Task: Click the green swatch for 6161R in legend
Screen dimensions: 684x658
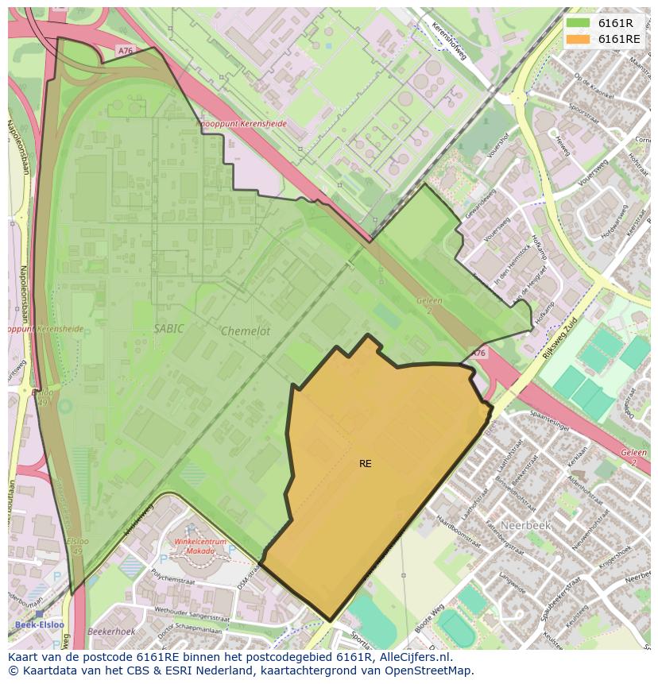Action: point(579,23)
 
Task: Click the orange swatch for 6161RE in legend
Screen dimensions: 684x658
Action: point(579,39)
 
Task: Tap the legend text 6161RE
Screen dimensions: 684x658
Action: point(619,39)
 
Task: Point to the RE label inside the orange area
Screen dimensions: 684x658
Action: point(365,463)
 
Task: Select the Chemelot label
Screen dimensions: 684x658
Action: point(246,331)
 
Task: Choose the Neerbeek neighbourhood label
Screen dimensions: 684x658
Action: point(525,525)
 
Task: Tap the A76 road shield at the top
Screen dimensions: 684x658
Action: point(126,50)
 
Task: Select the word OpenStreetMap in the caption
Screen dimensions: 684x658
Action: point(428,670)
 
